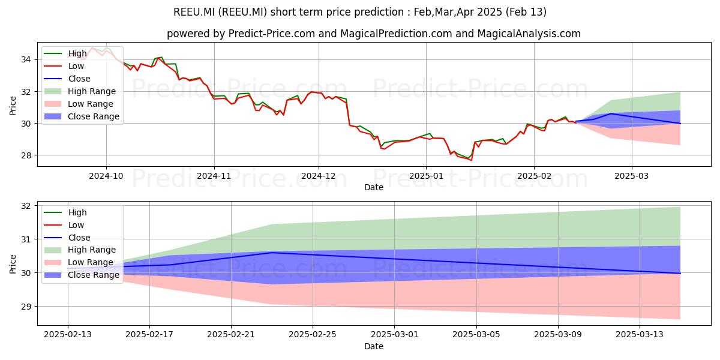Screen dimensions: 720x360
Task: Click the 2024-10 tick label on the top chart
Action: click(106, 176)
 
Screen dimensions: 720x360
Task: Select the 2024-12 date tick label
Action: click(319, 176)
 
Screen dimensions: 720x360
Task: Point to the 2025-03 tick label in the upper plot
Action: click(632, 176)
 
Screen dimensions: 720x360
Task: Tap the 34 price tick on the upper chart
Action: click(26, 59)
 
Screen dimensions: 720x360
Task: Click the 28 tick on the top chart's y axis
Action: click(26, 155)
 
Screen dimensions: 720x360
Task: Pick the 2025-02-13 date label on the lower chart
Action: click(68, 335)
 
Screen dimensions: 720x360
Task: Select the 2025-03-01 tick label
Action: click(395, 335)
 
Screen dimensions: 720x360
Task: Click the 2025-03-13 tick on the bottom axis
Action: click(640, 335)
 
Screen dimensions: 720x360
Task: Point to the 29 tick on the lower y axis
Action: click(26, 307)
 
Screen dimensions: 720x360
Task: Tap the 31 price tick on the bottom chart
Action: click(26, 239)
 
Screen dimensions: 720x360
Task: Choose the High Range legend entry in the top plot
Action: click(80, 91)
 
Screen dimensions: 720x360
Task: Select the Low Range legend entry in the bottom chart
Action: click(79, 262)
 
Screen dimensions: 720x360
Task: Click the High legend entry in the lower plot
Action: click(65, 212)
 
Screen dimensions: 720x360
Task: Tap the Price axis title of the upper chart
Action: click(13, 106)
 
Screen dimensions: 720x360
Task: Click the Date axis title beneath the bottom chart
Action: click(374, 347)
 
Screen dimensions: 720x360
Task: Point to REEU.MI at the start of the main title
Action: click(194, 12)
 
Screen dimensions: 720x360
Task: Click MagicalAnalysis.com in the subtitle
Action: click(529, 34)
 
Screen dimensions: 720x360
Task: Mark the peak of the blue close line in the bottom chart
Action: click(272, 253)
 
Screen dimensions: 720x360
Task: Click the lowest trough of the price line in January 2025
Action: click(472, 160)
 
